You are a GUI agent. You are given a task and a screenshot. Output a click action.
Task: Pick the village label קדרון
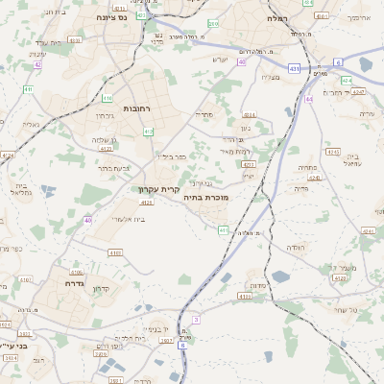tap(99, 289)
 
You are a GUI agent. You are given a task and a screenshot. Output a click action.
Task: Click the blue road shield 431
tap(294, 67)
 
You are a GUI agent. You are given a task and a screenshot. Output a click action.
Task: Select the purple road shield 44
tap(308, 99)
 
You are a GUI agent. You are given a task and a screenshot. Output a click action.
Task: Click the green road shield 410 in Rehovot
tap(107, 98)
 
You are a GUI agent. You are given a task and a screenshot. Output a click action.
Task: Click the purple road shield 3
tap(196, 318)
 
